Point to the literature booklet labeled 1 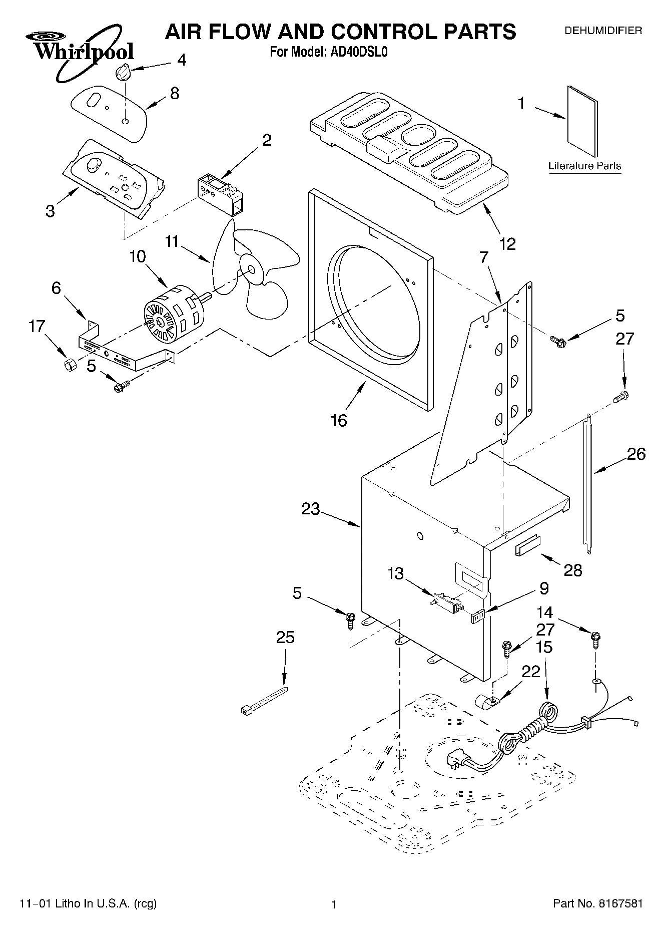tap(582, 121)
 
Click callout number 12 tap(507, 244)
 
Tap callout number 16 tap(339, 420)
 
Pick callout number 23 tap(310, 509)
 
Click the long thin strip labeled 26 tap(588, 484)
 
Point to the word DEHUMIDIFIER tap(603, 31)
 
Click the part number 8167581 tap(619, 903)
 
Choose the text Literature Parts tap(584, 166)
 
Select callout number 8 tap(175, 93)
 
